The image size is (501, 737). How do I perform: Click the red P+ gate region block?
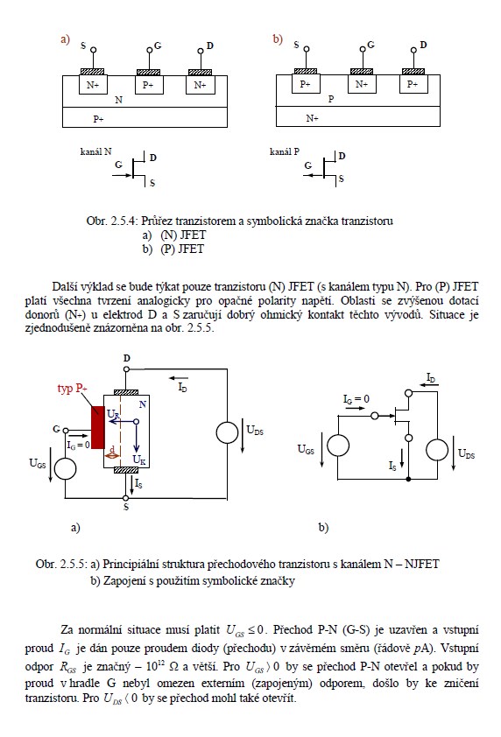[98, 427]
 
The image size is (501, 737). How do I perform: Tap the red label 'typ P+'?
[73, 389]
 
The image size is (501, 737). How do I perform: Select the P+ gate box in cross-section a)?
[149, 85]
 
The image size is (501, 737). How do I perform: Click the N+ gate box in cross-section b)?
[362, 84]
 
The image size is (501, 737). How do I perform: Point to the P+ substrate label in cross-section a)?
[98, 119]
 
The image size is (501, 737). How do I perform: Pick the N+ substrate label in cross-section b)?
[312, 118]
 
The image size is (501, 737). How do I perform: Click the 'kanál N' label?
[96, 151]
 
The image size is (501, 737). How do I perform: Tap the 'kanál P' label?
[284, 151]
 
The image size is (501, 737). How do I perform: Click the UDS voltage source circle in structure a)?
[227, 432]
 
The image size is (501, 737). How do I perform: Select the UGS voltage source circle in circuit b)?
[338, 446]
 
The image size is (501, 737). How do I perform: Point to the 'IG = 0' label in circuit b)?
[356, 399]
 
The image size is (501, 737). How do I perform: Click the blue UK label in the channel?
[139, 460]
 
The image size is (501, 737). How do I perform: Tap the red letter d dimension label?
[112, 449]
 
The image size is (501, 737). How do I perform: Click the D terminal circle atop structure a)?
[126, 369]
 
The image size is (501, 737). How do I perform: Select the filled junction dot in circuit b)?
[408, 479]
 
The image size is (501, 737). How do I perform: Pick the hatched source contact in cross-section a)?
[93, 73]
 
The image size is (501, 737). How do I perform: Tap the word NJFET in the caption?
[421, 564]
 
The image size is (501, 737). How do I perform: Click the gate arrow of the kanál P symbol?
[313, 175]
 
